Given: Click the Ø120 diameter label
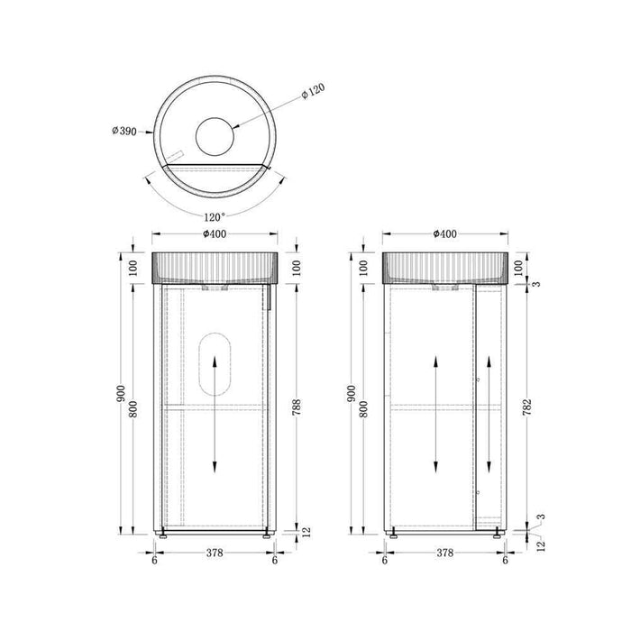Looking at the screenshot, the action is tap(313, 91).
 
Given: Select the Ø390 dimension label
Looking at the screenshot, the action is tap(124, 131).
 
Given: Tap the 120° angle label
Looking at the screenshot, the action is tap(215, 217).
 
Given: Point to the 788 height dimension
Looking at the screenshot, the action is tap(297, 407).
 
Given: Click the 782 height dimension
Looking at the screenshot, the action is tap(527, 407).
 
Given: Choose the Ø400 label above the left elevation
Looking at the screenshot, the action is tap(215, 233).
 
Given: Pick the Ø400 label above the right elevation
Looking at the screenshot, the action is tap(444, 233).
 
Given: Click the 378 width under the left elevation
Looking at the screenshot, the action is tap(215, 553).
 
